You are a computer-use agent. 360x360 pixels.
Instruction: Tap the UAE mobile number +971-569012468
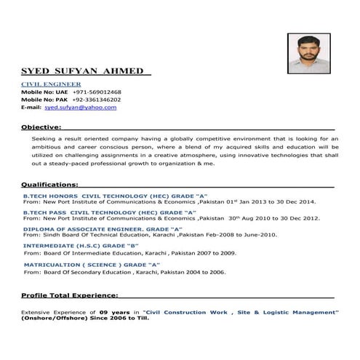tap(93, 92)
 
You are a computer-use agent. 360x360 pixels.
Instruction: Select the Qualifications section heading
tap(49, 185)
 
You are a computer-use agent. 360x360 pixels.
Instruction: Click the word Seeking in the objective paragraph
tap(43, 138)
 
